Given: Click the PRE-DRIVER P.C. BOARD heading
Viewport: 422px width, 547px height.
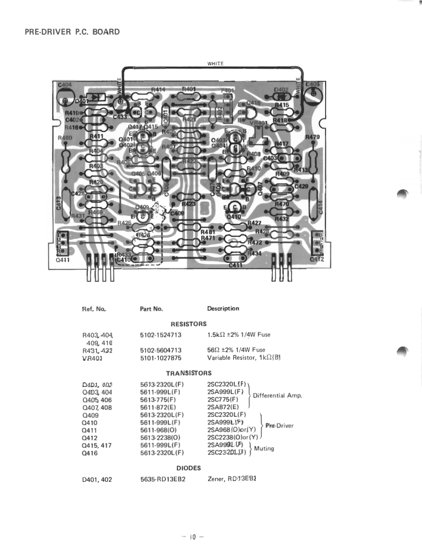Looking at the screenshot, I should pos(72,32).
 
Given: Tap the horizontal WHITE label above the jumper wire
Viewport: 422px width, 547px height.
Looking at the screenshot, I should pos(215,63).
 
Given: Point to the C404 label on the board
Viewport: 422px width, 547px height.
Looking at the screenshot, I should pos(64,85).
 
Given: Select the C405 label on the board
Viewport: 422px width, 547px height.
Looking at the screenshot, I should pos(312,84).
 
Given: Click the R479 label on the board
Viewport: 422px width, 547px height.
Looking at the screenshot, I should pos(312,137).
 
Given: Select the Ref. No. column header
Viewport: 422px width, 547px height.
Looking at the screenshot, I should pos(95,309).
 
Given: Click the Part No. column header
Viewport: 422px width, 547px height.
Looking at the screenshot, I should pos(151,309).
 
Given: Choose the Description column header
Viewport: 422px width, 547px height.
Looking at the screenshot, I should pos(223,309).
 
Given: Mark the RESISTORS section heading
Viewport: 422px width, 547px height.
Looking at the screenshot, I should pos(189,324).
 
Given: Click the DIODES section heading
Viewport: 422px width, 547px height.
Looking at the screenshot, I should pos(189,468).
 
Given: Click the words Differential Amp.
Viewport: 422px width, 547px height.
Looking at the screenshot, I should pos(278,395).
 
